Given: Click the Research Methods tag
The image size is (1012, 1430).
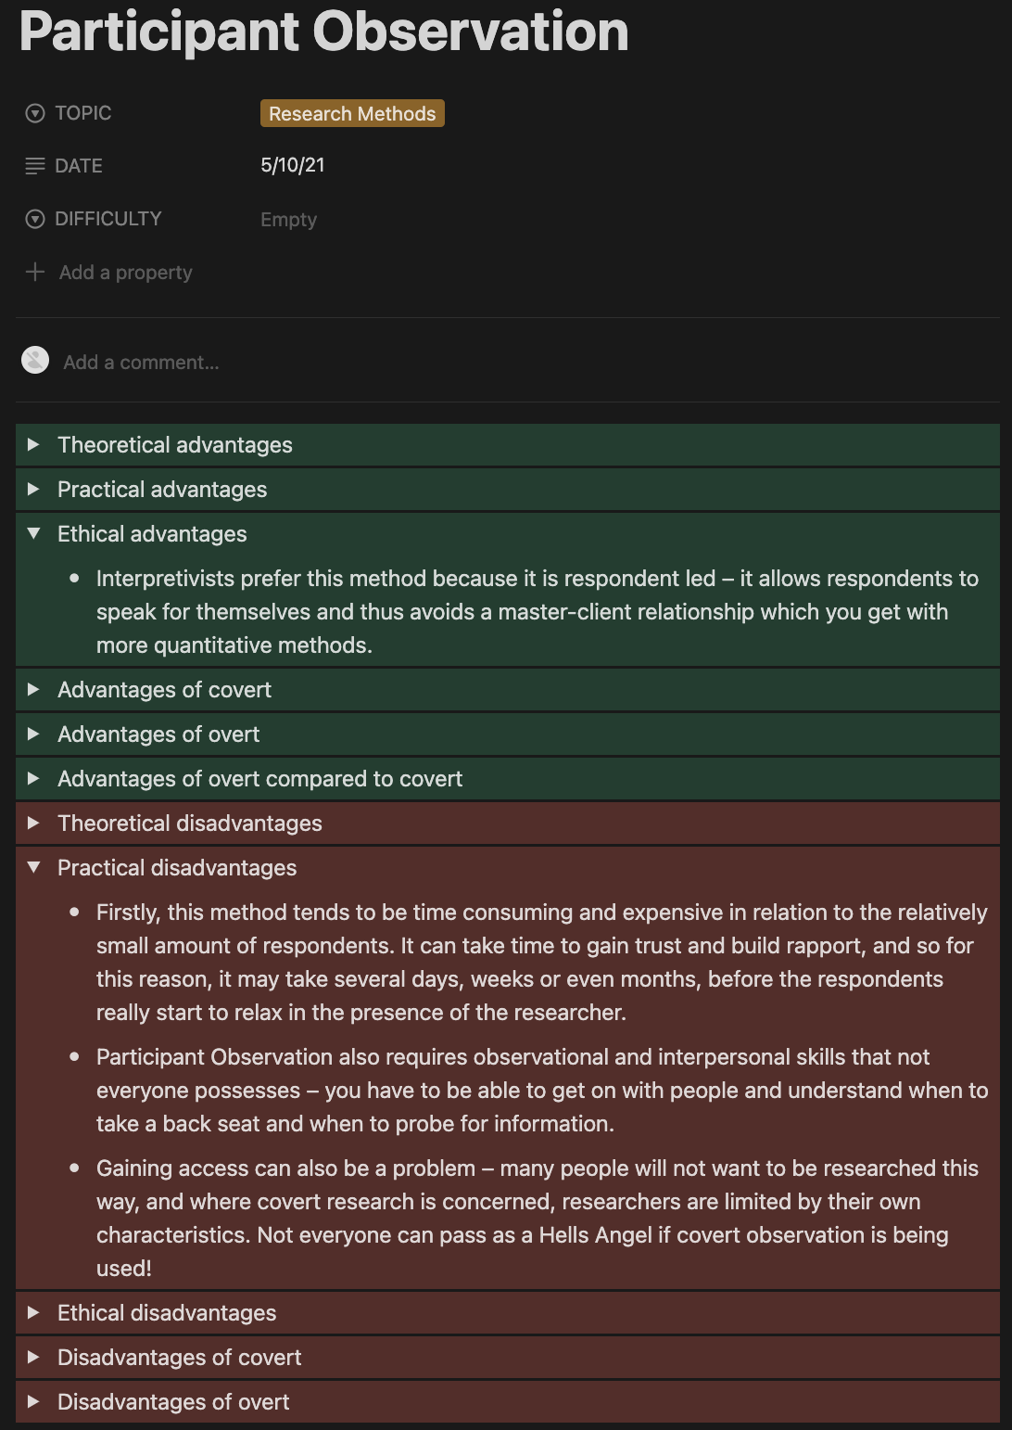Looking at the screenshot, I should pos(352,113).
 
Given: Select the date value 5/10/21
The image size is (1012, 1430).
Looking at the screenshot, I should pos(293,165).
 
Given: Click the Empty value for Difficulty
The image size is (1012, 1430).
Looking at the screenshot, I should pos(288,220).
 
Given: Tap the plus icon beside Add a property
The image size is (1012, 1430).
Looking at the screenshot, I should pos(35,272).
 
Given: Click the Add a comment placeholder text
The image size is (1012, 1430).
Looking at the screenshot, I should pos(141,363).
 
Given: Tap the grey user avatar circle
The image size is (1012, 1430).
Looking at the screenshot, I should pos(35,360).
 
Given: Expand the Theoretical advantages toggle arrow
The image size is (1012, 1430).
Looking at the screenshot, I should pos(33,445).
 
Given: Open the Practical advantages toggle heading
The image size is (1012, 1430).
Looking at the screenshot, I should pos(162,490).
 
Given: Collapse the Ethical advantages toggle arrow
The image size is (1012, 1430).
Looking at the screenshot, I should pos(33,534).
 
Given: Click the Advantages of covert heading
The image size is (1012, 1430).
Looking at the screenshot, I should pos(164,690).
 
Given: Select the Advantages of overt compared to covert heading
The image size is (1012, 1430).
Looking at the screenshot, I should pos(259,779).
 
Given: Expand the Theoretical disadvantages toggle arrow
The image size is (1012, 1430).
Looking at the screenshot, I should pos(33,824).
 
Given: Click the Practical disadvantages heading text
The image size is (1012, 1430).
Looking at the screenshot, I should pos(177,868).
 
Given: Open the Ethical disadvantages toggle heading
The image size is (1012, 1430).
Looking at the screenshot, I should pos(167,1313).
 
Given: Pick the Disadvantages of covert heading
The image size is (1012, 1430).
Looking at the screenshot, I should pos(179,1358).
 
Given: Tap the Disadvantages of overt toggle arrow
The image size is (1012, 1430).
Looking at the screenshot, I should pos(33,1402).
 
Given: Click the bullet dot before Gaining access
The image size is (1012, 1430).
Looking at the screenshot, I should pos(74,1168).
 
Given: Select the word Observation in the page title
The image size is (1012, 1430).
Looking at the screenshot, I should pos(471,32).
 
